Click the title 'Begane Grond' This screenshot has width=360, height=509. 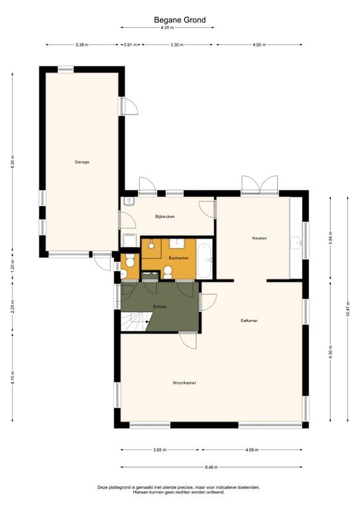[180, 21]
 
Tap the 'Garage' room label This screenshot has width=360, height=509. [82, 162]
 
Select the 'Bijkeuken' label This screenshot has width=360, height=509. [165, 217]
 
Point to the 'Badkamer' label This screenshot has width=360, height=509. [178, 256]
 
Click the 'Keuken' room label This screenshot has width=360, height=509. [259, 238]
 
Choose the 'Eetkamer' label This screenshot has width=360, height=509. [249, 321]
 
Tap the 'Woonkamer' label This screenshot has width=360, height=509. [184, 382]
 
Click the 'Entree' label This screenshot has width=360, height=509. [159, 307]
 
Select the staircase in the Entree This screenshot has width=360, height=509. [134, 323]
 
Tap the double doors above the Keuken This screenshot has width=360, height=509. [259, 186]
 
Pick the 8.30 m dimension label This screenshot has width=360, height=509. [13, 162]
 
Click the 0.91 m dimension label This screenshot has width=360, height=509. [130, 44]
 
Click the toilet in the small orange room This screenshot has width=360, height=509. [125, 272]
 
